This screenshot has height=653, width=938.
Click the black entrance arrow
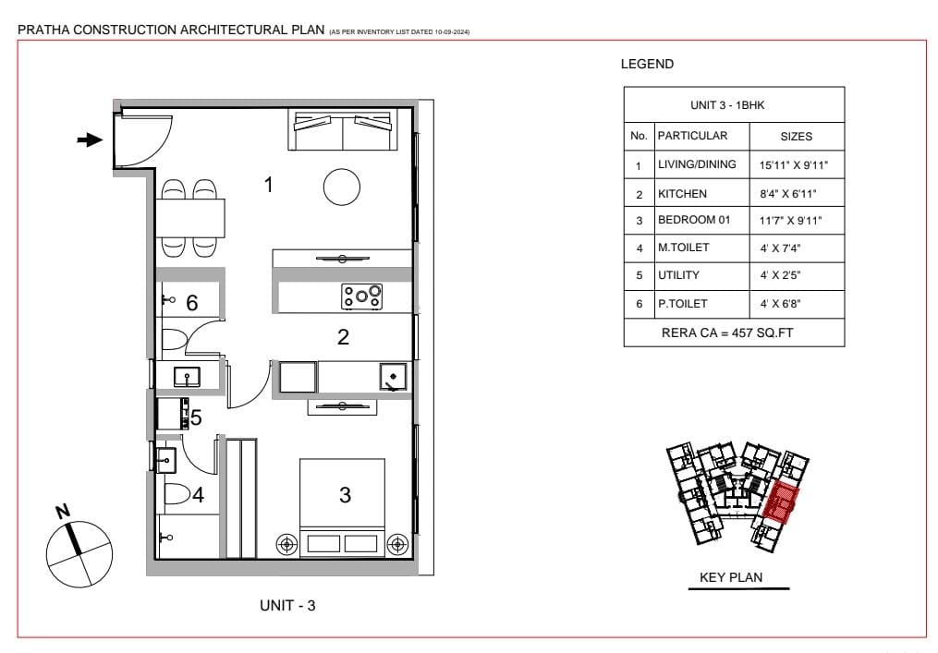pos(90,140)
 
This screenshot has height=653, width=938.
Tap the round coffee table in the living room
pos(342,187)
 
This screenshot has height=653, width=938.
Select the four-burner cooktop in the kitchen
pos(362,296)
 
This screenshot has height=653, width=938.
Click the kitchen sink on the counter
pos(393,378)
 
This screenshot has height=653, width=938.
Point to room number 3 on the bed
pos(345,495)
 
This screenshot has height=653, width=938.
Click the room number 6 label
pos(192,303)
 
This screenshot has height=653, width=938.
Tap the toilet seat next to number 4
pos(177,495)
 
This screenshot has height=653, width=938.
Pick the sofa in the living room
pos(342,129)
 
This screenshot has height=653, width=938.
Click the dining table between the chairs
pos(190,218)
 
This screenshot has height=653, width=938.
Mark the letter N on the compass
pos(63,512)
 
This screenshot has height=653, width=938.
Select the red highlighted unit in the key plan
pos(782,502)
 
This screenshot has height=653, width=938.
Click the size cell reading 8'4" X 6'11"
pos(788,194)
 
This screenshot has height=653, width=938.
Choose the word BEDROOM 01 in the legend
pos(694,220)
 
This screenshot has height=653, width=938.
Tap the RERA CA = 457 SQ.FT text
pos(727,333)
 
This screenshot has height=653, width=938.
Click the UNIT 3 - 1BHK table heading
pos(727,105)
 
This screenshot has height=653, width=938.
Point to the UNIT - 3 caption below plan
pos(287,605)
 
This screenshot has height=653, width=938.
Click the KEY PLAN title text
pos(731,577)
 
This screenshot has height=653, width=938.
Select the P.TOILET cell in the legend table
pos(683,304)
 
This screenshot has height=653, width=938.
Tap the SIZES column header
pos(797,137)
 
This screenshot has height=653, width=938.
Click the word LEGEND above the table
pos(647,64)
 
